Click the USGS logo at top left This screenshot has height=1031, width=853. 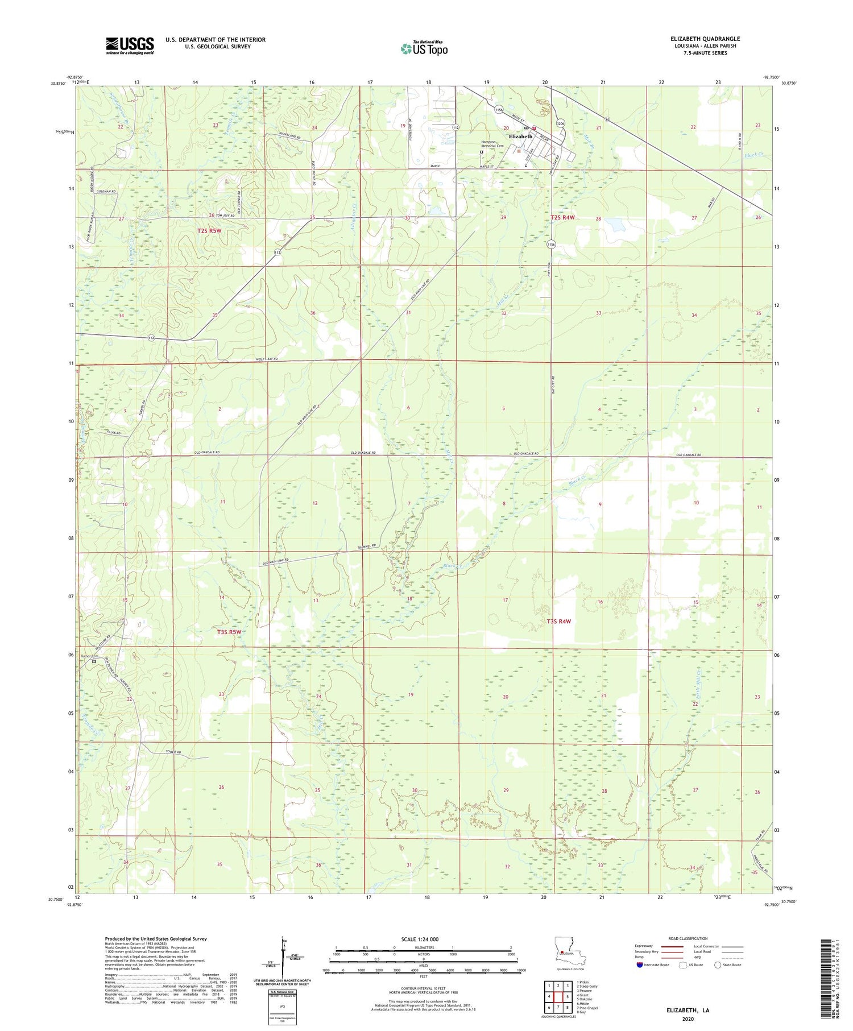coord(129,45)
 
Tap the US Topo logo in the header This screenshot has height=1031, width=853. coord(424,49)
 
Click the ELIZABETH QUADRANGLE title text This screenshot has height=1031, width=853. coord(705,39)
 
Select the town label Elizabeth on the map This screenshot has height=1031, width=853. coord(520,136)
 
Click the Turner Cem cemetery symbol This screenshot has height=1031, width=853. coord(94,661)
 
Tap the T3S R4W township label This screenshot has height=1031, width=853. coord(558,622)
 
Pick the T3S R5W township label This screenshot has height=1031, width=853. coord(229,632)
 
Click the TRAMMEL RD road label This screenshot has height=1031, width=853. coord(367,546)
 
